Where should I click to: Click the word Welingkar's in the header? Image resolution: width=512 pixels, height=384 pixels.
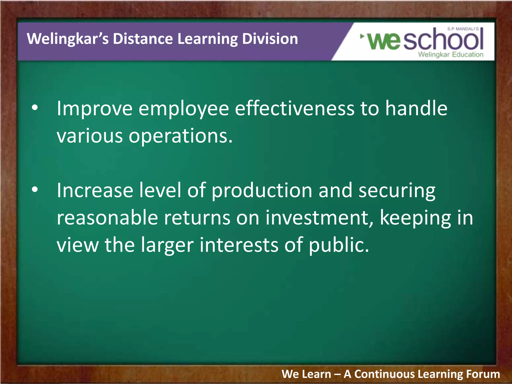pyautogui.click(x=67, y=39)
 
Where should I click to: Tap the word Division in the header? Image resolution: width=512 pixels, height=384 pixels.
pyautogui.click(x=270, y=39)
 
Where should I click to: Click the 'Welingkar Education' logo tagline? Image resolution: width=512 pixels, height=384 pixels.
pyautogui.click(x=450, y=54)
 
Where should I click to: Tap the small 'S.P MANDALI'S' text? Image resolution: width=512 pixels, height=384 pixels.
pyautogui.click(x=463, y=29)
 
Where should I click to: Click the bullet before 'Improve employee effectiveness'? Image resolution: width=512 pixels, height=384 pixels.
pyautogui.click(x=35, y=108)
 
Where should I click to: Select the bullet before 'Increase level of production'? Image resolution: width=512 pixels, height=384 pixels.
pyautogui.click(x=35, y=190)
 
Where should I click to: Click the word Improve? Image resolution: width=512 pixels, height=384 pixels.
pyautogui.click(x=94, y=109)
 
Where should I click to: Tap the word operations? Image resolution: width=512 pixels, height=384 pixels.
pyautogui.click(x=180, y=136)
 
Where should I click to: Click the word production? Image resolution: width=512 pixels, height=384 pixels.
pyautogui.click(x=262, y=190)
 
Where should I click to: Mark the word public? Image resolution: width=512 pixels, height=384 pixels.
pyautogui.click(x=338, y=245)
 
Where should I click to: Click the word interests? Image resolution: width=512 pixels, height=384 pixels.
pyautogui.click(x=239, y=245)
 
